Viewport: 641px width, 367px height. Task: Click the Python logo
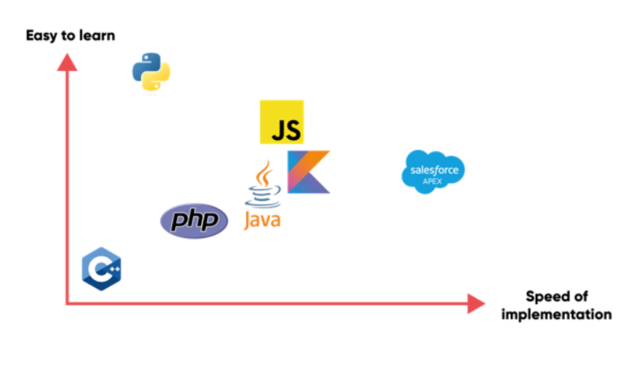[x=151, y=72]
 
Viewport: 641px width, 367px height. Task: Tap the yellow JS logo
[x=282, y=122]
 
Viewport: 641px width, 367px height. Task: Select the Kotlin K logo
[x=308, y=172]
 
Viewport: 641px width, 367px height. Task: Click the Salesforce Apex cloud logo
[x=433, y=172]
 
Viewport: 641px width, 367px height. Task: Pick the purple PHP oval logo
[x=194, y=220]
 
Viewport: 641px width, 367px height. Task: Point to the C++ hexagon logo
[x=101, y=269]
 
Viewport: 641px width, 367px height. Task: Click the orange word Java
[x=262, y=220]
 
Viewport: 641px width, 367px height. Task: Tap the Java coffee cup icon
[x=263, y=185]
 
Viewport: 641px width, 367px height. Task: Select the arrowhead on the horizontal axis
[x=477, y=304]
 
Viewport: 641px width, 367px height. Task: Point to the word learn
[x=96, y=35]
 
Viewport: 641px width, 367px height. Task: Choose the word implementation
[x=556, y=314]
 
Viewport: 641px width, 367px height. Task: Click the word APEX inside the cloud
[x=433, y=181]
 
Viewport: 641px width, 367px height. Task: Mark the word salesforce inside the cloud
[x=434, y=170]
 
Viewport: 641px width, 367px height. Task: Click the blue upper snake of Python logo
[x=145, y=65]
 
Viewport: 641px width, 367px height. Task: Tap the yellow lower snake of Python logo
[x=158, y=80]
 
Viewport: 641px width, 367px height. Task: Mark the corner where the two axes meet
[x=66, y=304]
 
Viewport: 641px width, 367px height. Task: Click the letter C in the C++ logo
[x=96, y=269]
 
